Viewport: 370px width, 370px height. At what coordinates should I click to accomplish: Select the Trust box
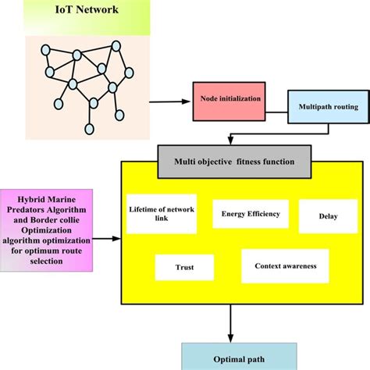tap(184, 266)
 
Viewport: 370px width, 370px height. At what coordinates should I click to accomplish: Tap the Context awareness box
tap(285, 266)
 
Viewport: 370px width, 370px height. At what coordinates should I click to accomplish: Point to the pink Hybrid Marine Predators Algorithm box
tap(55, 227)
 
